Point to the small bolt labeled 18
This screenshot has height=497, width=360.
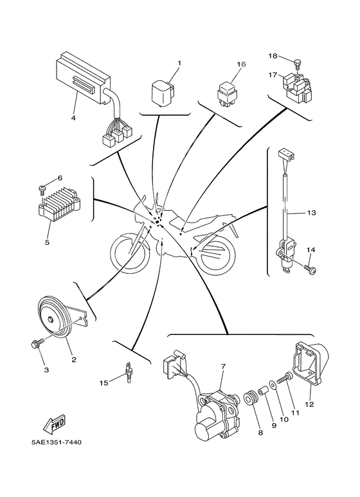click(x=298, y=63)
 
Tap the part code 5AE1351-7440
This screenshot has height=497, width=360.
click(x=55, y=442)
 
